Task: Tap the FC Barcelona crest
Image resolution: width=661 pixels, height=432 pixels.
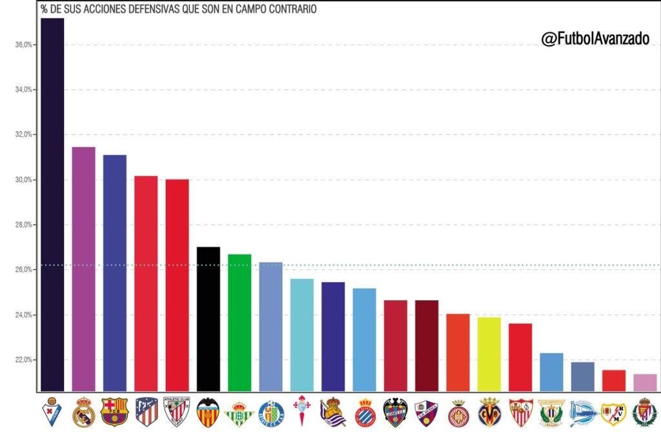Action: pyautogui.click(x=115, y=412)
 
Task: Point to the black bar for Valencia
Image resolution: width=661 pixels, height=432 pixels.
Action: pyautogui.click(x=208, y=319)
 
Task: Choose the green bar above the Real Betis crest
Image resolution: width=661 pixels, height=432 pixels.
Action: pyautogui.click(x=239, y=322)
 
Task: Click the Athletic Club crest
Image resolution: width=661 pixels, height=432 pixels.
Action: pyautogui.click(x=177, y=412)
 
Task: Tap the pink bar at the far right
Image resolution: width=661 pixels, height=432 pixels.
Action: pyautogui.click(x=645, y=382)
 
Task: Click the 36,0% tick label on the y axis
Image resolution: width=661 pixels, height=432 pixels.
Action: pyautogui.click(x=23, y=45)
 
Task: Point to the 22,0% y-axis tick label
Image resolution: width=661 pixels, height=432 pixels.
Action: pyautogui.click(x=23, y=360)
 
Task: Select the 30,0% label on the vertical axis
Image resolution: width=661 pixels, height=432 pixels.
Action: pyautogui.click(x=23, y=180)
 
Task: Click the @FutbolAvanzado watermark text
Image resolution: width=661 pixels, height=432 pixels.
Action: pyautogui.click(x=595, y=39)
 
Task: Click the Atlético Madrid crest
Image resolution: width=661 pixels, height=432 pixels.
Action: pyautogui.click(x=147, y=412)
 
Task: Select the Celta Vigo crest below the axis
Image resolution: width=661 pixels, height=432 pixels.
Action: pyautogui.click(x=301, y=412)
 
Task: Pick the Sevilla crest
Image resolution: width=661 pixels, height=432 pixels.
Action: pyautogui.click(x=520, y=412)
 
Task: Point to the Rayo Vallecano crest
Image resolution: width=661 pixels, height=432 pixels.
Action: pyautogui.click(x=613, y=412)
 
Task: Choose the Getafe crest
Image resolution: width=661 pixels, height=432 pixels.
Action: pyautogui.click(x=271, y=412)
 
